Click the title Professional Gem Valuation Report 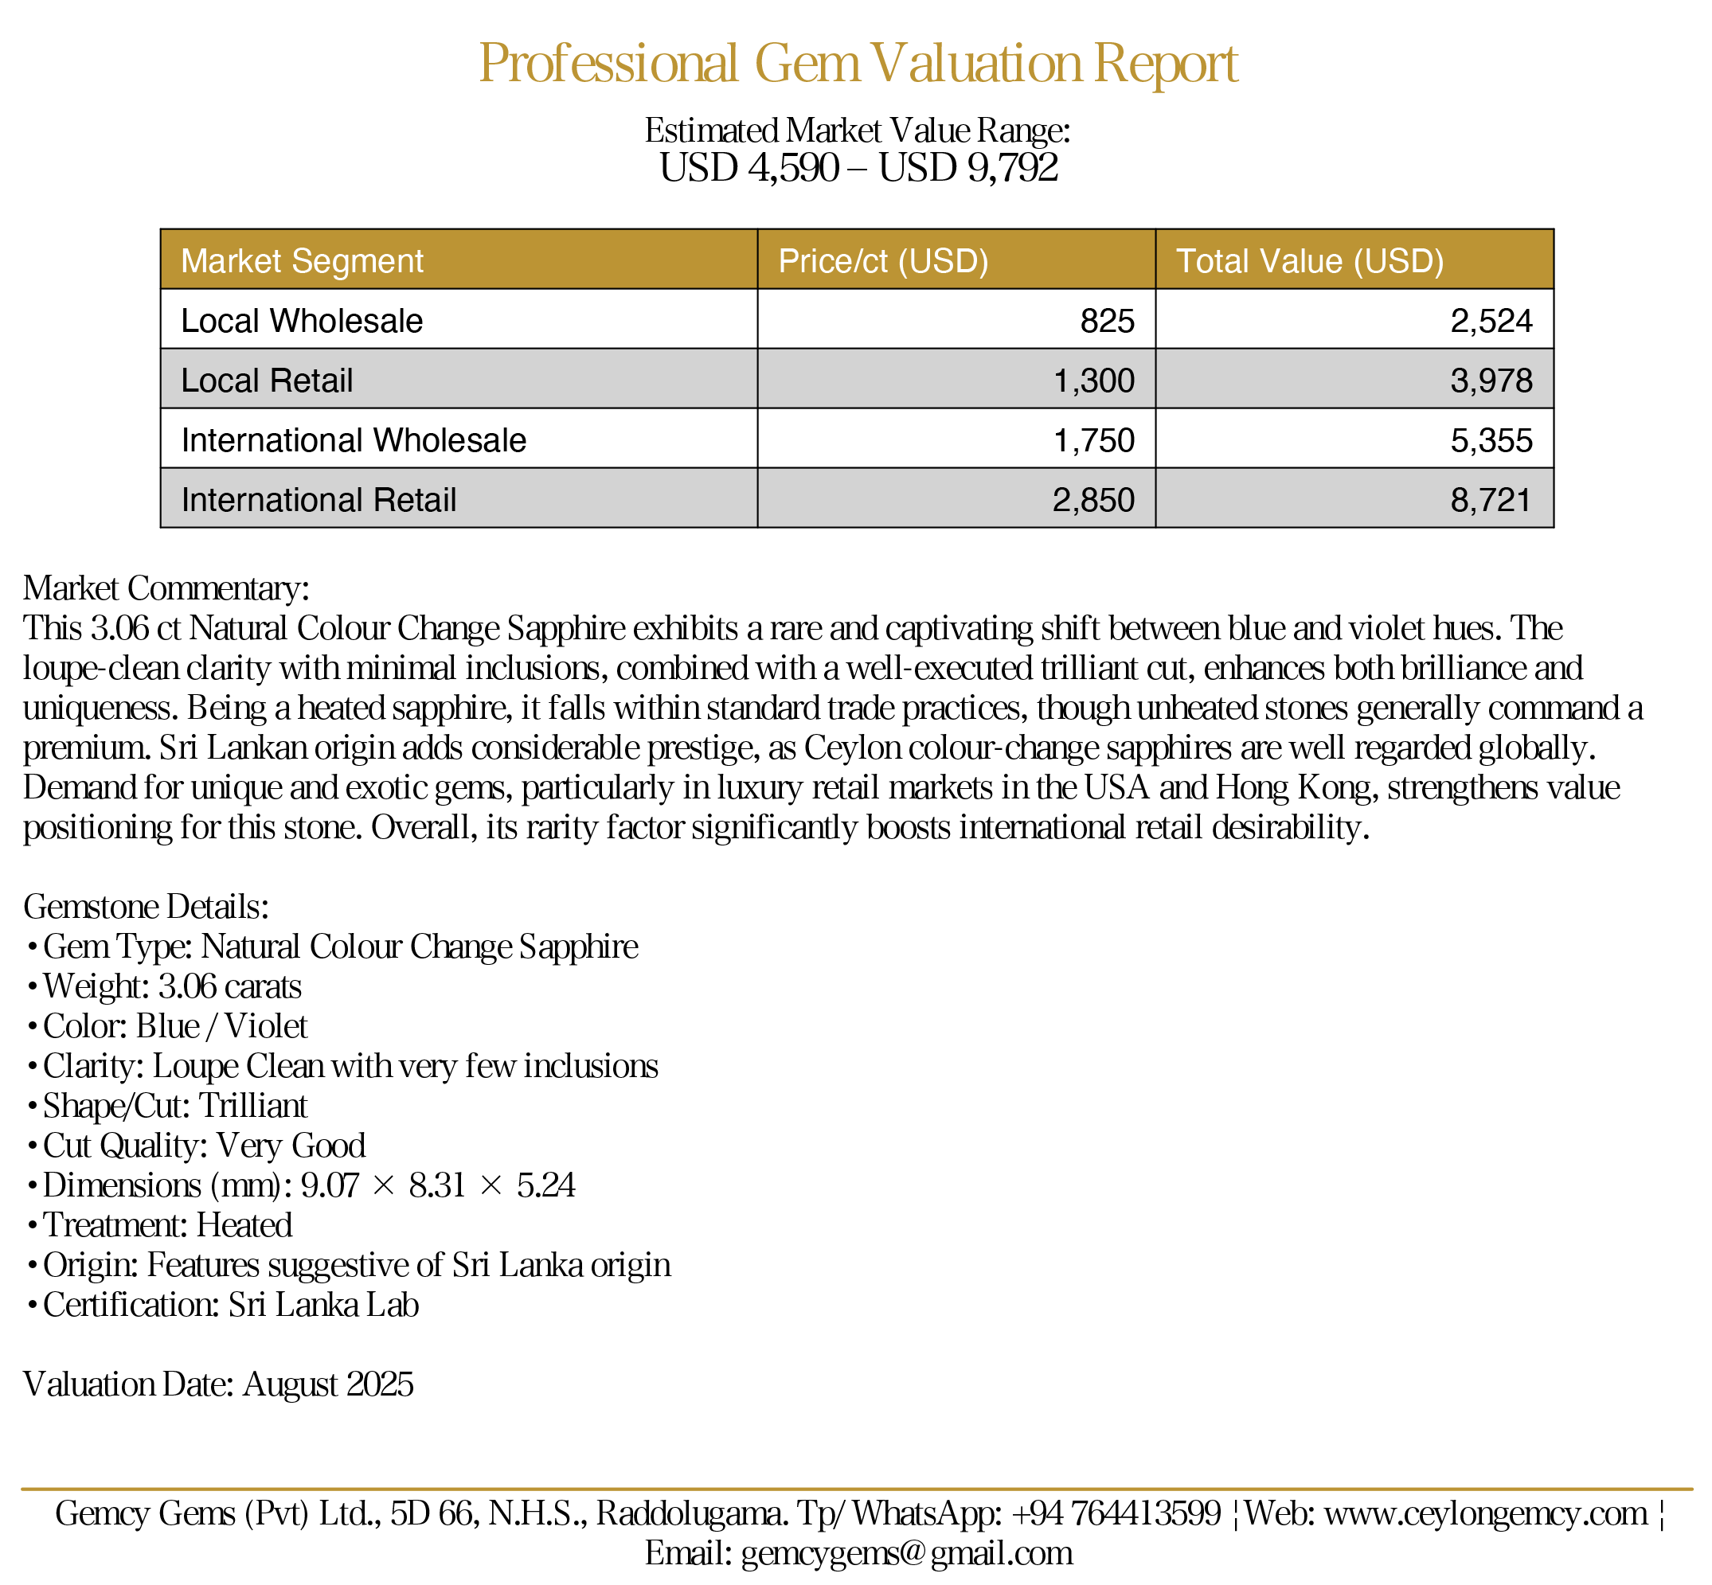click(x=858, y=64)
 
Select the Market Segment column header click(x=302, y=261)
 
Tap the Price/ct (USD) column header click(x=882, y=261)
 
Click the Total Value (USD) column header click(x=1309, y=261)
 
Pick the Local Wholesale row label click(x=302, y=321)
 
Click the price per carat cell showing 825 click(x=1107, y=321)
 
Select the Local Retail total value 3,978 click(x=1491, y=381)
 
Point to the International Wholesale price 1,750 click(x=1093, y=441)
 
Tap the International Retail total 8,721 click(x=1491, y=500)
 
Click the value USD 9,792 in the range click(x=968, y=168)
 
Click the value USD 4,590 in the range click(x=749, y=168)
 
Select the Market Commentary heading click(x=166, y=588)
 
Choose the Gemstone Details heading click(x=146, y=907)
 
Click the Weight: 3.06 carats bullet click(x=171, y=986)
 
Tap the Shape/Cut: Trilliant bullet click(x=175, y=1106)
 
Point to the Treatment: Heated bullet click(x=167, y=1224)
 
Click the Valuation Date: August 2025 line click(x=218, y=1384)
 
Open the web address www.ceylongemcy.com click(x=1486, y=1513)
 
